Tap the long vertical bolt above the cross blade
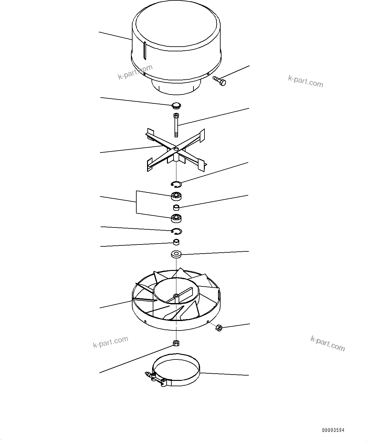(176, 125)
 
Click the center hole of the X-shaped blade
(176, 148)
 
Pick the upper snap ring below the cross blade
(176, 184)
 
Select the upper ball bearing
(176, 196)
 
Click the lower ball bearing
(176, 218)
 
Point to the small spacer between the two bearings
(176, 207)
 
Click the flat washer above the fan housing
(176, 254)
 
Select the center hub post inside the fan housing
(176, 296)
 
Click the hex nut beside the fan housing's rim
(218, 328)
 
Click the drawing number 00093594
(333, 430)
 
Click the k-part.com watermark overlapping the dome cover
(135, 72)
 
